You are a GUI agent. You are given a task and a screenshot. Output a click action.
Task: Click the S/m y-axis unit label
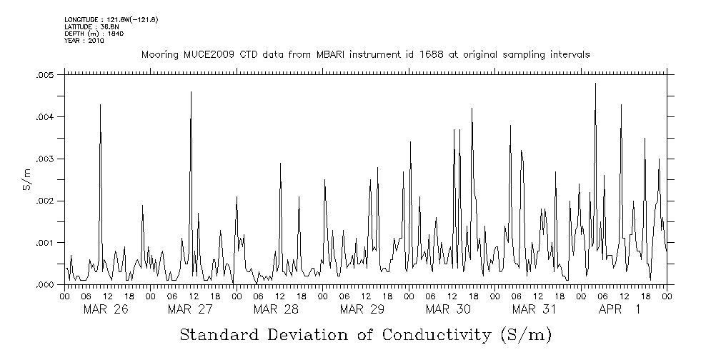26,179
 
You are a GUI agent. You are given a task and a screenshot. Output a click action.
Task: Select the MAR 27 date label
191,309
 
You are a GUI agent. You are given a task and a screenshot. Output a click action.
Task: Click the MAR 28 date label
276,309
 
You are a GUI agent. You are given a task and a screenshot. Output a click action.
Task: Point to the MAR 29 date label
362,309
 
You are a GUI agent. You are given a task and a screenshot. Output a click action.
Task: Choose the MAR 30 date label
448,309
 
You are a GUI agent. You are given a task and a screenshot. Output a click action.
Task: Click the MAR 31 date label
534,309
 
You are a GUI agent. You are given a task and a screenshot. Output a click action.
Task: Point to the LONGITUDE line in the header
111,19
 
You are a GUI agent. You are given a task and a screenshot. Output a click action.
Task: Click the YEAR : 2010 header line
85,41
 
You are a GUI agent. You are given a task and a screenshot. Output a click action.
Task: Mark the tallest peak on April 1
595,84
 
